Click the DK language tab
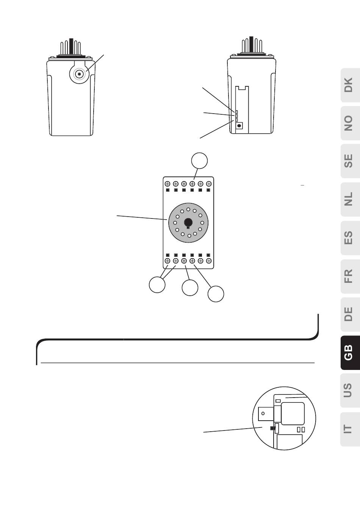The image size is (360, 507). (349, 85)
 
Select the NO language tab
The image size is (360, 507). (349, 123)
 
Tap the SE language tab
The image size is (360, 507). (349, 161)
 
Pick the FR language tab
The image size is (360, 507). (349, 276)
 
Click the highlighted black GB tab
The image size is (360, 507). (349, 353)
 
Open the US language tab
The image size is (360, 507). (349, 390)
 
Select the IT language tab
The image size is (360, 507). (349, 429)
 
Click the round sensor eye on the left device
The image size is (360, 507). (80, 74)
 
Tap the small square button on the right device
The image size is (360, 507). (239, 125)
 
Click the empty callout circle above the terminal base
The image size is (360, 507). (199, 160)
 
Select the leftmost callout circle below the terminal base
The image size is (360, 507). (157, 285)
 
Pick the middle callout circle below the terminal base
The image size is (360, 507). (190, 288)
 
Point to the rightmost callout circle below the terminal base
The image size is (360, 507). (216, 294)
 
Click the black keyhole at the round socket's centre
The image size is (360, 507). (188, 223)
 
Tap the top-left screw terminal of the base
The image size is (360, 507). (167, 184)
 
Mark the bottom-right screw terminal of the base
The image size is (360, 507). (209, 261)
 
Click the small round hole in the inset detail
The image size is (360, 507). (262, 413)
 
